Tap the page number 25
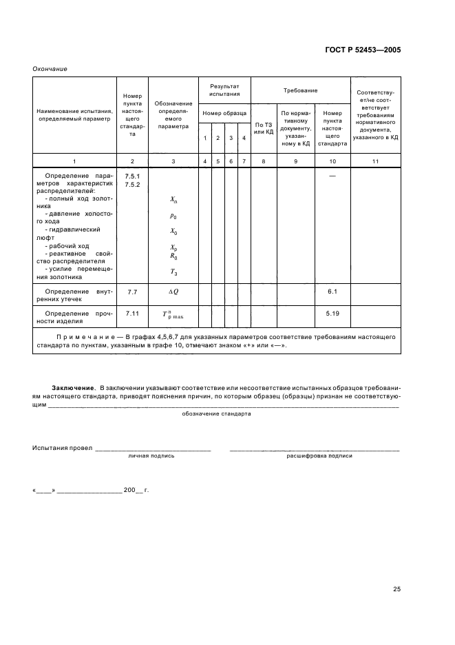coord(396,588)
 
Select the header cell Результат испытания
coord(224,90)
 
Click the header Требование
coord(300,90)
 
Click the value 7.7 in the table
coord(132,292)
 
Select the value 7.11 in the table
coord(132,314)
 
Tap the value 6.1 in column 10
coord(332,292)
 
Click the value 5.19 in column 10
coord(332,314)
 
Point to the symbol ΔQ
coord(173,292)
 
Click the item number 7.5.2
coord(132,185)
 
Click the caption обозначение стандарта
coord(216,413)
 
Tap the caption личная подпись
coord(151,455)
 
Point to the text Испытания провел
coord(62,447)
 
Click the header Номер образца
coord(224,113)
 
